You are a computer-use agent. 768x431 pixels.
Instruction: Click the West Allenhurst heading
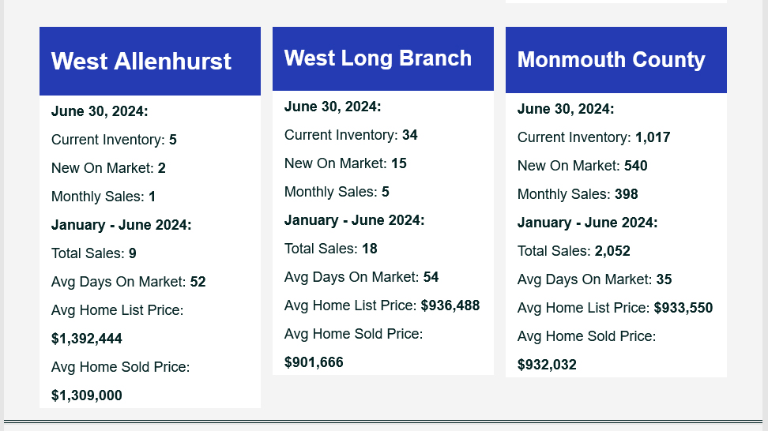[x=141, y=61]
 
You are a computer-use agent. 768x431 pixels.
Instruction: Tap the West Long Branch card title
[x=378, y=58]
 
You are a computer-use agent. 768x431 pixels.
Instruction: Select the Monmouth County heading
[x=612, y=60]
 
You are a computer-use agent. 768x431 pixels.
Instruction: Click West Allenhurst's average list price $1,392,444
[x=87, y=339]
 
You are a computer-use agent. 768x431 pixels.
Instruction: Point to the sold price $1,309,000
[x=87, y=395]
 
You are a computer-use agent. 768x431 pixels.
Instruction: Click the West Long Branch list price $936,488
[x=450, y=305]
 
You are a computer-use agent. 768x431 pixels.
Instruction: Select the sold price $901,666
[x=314, y=362]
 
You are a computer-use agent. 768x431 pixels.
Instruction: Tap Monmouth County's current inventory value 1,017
[x=653, y=137]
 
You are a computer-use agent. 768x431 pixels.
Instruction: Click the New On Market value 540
[x=636, y=166]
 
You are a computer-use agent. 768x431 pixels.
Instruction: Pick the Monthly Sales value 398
[x=627, y=194]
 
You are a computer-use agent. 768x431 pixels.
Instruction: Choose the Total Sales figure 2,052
[x=612, y=251]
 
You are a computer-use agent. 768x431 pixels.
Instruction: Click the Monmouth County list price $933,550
[x=683, y=308]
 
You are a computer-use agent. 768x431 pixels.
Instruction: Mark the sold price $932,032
[x=547, y=365]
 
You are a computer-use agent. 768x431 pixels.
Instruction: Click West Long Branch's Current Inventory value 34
[x=410, y=135]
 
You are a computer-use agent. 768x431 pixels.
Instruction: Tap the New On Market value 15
[x=399, y=163]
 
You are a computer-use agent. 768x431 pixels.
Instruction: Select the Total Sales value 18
[x=370, y=249]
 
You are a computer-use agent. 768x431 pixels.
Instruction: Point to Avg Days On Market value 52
[x=198, y=282]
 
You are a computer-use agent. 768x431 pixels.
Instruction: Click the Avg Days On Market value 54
[x=431, y=277]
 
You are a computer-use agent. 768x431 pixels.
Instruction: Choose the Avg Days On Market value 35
[x=664, y=279]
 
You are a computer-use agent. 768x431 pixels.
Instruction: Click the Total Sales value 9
[x=132, y=253]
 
